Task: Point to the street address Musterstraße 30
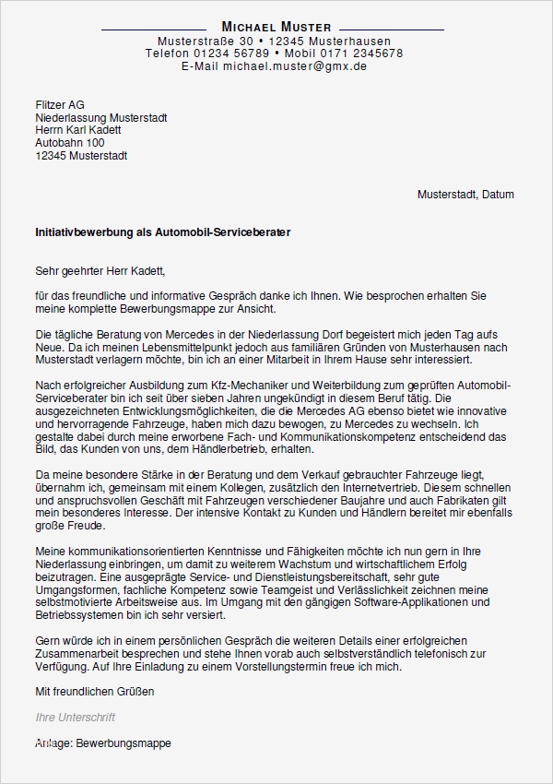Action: (x=205, y=41)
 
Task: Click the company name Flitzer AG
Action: (x=59, y=105)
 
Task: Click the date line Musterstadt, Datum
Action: (x=465, y=195)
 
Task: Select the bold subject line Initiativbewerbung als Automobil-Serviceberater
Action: (x=162, y=233)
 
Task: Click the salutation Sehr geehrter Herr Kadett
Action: (x=99, y=271)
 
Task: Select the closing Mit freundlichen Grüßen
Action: (x=94, y=691)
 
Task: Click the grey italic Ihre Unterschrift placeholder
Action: (x=75, y=717)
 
